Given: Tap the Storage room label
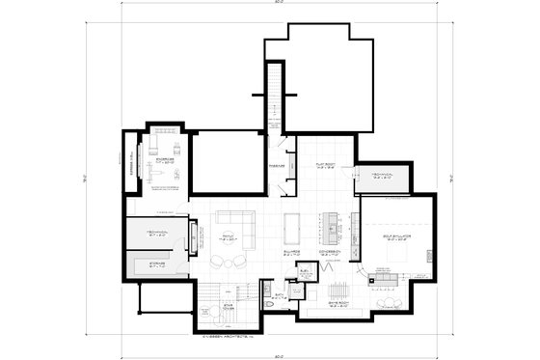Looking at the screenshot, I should [x=156, y=263].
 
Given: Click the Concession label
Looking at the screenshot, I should [x=329, y=250].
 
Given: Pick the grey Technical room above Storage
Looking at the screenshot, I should [x=156, y=235].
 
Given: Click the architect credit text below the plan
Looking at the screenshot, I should [x=228, y=336].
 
